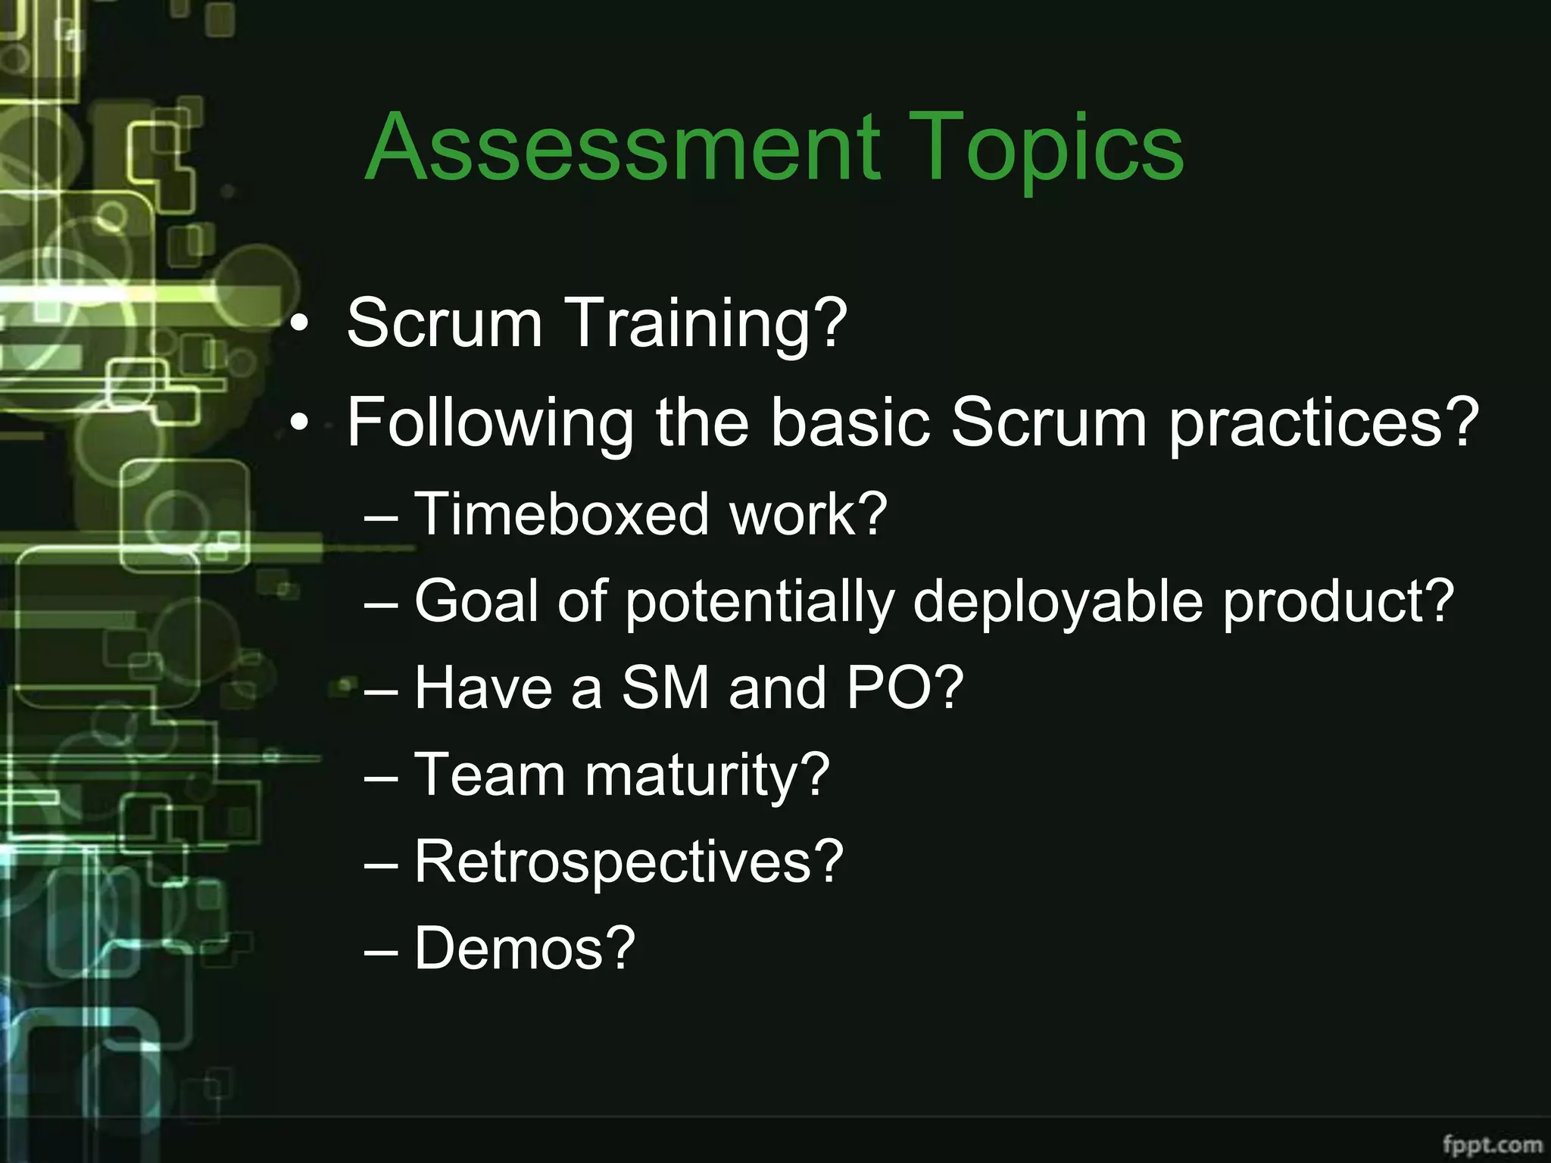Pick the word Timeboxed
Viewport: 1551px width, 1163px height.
[560, 515]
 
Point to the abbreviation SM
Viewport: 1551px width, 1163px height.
[666, 688]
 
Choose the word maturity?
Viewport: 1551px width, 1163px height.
[707, 776]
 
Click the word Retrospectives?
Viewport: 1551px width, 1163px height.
[629, 863]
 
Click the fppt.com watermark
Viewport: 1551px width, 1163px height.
[1491, 1143]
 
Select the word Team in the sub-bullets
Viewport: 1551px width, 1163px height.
[489, 775]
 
